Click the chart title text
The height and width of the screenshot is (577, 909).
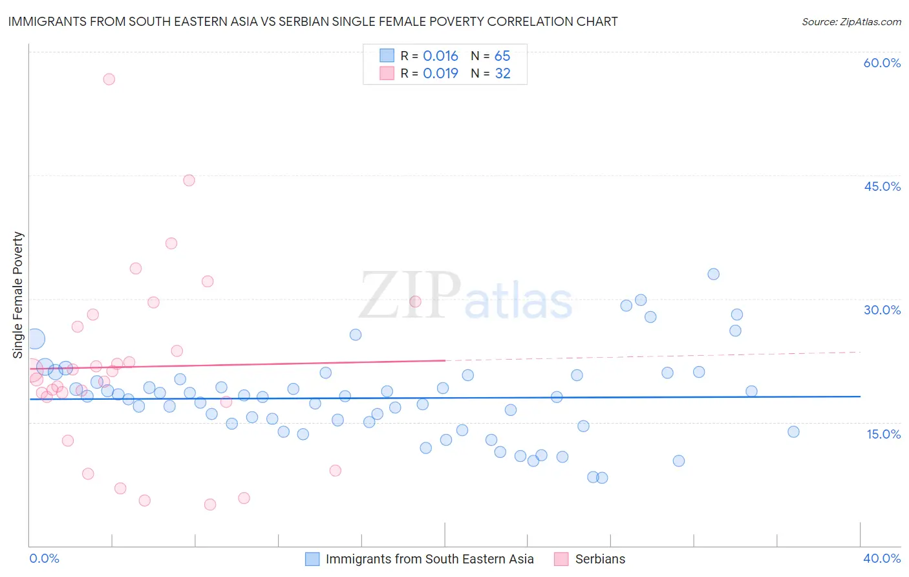[x=313, y=21]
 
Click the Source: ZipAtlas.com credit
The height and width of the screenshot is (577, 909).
[x=851, y=21]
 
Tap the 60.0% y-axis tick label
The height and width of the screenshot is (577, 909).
[x=882, y=63]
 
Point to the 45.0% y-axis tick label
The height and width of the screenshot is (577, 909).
[x=882, y=186]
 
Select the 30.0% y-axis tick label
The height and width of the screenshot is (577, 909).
[x=882, y=310]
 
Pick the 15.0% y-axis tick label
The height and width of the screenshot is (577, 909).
[x=883, y=434]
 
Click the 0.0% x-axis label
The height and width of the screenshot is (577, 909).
[x=44, y=558]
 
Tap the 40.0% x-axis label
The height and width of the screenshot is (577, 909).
[x=881, y=558]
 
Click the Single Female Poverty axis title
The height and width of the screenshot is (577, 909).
[x=18, y=295]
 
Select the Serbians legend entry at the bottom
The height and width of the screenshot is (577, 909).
[x=600, y=559]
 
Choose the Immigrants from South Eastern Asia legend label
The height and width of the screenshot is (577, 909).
[x=429, y=559]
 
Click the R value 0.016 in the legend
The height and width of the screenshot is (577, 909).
[x=440, y=56]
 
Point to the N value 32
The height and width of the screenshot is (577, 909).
[x=502, y=74]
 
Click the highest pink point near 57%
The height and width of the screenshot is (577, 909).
[x=109, y=79]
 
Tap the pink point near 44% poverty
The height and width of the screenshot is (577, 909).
[x=189, y=180]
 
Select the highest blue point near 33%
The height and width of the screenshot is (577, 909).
[x=713, y=274]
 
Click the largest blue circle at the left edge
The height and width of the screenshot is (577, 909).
[x=35, y=338]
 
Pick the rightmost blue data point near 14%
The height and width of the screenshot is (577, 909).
[x=793, y=431]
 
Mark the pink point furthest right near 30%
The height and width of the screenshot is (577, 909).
[x=415, y=301]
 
